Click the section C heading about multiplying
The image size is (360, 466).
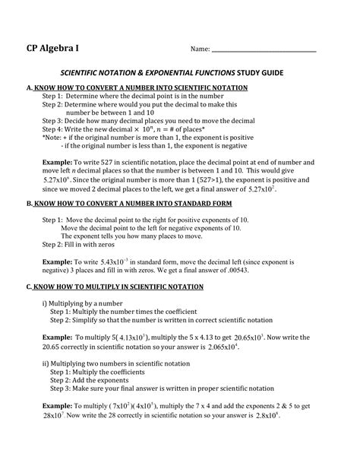point(115,287)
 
